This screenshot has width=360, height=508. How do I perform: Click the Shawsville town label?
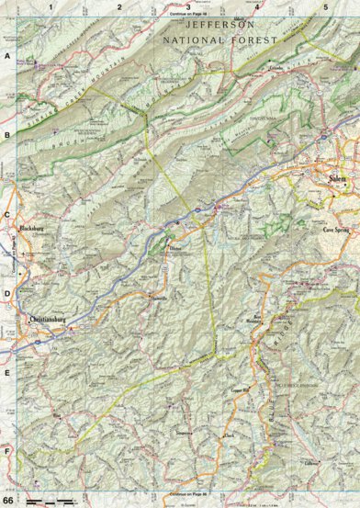tap(157, 298)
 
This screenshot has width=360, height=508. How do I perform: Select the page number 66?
tap(7, 497)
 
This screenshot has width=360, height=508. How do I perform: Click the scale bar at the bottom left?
tap(51, 500)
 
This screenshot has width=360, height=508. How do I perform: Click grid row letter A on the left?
tap(6, 57)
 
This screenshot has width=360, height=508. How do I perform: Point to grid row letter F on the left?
tap(6, 451)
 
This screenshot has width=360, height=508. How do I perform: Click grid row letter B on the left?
tap(6, 136)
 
